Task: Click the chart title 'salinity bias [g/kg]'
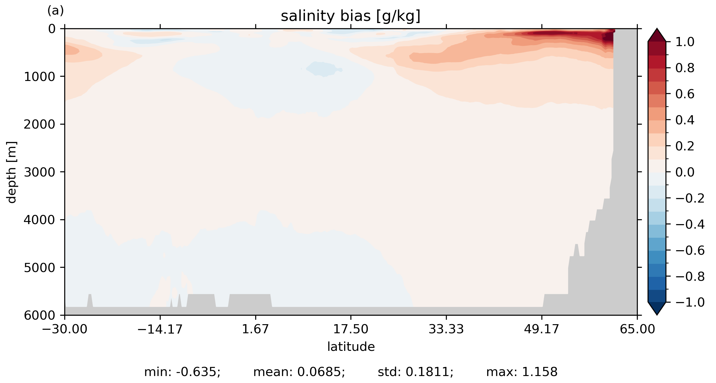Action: (350, 16)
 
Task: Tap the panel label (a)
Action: (55, 11)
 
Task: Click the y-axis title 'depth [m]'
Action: (12, 172)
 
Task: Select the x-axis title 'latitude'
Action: (351, 347)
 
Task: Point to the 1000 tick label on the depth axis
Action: (39, 77)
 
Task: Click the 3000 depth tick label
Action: (39, 172)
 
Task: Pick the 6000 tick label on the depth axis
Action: (39, 315)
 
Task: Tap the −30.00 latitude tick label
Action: (65, 329)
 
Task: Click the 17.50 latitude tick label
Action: (351, 329)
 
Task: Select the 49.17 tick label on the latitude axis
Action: (541, 329)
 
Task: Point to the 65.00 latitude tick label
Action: (637, 329)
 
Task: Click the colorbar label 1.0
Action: (685, 42)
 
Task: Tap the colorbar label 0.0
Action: (685, 172)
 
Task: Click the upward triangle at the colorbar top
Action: (657, 35)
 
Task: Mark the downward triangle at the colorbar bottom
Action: (657, 308)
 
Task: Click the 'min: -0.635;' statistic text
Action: (182, 372)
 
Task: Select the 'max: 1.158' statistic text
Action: (522, 372)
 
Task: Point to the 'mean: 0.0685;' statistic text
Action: (299, 372)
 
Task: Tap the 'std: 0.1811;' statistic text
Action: (415, 372)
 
